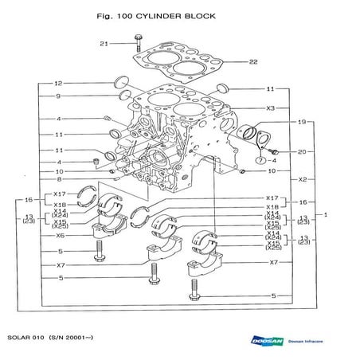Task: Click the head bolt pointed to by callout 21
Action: click(139, 40)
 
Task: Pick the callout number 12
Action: click(58, 84)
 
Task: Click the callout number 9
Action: click(58, 96)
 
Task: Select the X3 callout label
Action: click(271, 108)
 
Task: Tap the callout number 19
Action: click(301, 122)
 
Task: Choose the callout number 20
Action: click(301, 151)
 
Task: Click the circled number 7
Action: click(261, 160)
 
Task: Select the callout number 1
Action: click(325, 216)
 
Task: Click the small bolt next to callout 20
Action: click(272, 150)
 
